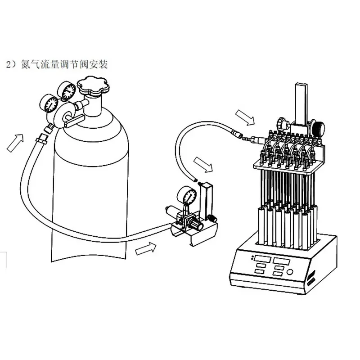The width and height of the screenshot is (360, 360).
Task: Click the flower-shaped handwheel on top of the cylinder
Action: coord(93,87)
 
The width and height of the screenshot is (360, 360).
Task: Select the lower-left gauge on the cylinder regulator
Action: coord(49,104)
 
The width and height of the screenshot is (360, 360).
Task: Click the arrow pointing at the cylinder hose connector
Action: coord(15,143)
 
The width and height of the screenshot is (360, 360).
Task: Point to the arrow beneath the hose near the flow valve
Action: coord(146,249)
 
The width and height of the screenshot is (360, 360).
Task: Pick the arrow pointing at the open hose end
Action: coord(203,165)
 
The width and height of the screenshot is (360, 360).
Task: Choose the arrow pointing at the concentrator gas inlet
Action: coord(245,117)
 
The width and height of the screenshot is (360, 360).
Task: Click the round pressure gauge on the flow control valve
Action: coord(187,196)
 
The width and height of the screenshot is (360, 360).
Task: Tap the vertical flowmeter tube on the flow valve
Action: coord(206,200)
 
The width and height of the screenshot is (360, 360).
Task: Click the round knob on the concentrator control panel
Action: coord(290,272)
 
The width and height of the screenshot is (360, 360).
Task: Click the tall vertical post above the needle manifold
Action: coord(301,103)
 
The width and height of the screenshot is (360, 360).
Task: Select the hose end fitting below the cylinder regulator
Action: coord(41,139)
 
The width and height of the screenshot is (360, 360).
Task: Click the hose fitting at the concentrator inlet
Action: coord(237,134)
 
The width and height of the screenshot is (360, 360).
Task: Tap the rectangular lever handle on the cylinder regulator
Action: coord(75,121)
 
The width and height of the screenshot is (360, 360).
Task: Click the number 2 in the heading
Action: coord(9,65)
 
